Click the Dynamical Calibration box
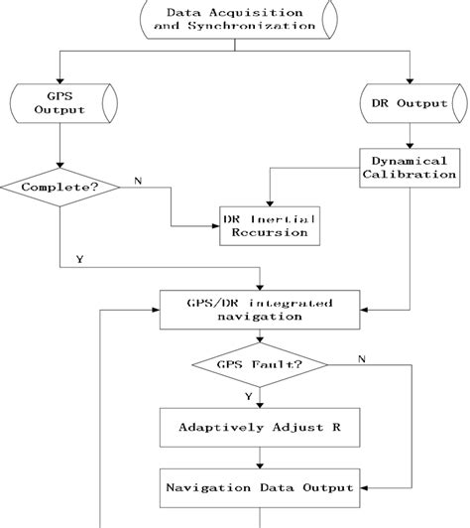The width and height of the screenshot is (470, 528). tap(410, 166)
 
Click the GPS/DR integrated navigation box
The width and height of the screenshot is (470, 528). tap(260, 309)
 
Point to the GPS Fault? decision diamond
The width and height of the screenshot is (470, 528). tap(260, 364)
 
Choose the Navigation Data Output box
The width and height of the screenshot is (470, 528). tap(260, 487)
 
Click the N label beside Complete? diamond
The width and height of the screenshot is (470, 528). tap(137, 182)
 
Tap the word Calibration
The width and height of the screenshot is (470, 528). tap(410, 174)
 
